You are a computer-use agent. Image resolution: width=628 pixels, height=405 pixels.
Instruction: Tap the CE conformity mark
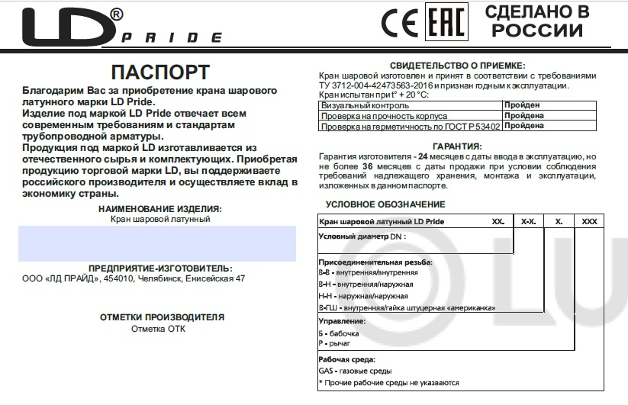[x=399, y=24]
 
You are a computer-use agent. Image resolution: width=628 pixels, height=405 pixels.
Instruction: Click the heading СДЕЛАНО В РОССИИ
[x=537, y=21]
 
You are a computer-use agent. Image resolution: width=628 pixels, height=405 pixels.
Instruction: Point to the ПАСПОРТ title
[x=160, y=72]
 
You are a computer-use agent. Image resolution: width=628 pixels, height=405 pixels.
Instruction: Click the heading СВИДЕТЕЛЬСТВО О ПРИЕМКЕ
[x=457, y=66]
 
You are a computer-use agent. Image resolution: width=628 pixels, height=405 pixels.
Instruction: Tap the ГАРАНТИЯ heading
[x=456, y=146]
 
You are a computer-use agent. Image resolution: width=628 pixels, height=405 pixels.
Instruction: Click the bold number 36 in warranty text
[x=368, y=166]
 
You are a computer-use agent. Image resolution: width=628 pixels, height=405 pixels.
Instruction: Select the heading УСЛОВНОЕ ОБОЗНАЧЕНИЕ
[x=385, y=204]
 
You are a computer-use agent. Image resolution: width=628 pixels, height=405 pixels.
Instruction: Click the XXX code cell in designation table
[x=589, y=221]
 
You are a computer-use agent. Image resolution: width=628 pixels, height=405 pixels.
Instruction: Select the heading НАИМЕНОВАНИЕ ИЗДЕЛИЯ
[x=160, y=208]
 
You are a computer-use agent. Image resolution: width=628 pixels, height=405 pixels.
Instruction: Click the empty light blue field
[x=157, y=243]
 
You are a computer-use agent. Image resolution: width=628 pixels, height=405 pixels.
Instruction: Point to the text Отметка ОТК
[x=158, y=329]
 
